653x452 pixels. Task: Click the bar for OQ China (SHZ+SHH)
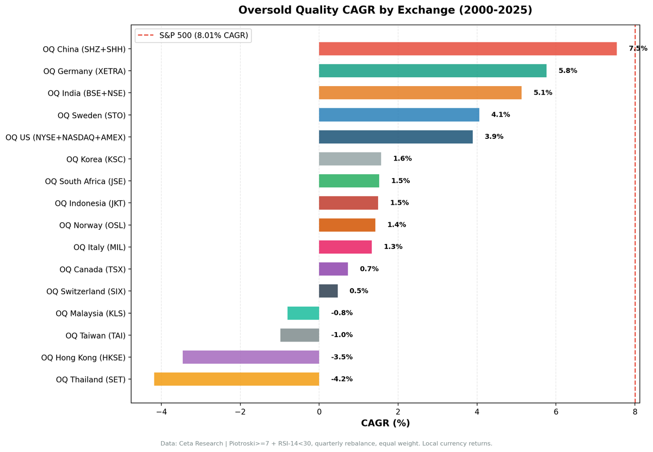tap(467, 49)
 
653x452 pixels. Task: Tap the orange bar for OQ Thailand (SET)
tap(237, 379)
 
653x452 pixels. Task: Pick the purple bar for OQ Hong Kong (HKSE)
tap(251, 357)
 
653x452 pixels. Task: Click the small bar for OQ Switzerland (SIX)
tap(328, 291)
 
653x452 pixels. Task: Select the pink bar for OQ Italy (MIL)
tap(346, 247)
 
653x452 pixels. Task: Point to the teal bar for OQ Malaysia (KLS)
tap(303, 313)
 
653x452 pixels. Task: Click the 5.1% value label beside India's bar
tap(543, 93)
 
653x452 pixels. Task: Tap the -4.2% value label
tap(342, 379)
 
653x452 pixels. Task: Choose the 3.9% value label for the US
tap(494, 137)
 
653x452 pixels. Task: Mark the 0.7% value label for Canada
tap(369, 269)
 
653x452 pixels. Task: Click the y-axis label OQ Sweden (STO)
tap(91, 115)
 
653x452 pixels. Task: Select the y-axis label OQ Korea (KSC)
tap(96, 159)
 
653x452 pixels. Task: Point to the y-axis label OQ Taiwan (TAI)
tap(95, 335)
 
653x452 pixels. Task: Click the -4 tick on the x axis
tap(161, 412)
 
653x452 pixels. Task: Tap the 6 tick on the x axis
tap(556, 412)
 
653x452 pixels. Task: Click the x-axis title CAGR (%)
tap(385, 423)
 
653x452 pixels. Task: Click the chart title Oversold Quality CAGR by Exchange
tap(385, 10)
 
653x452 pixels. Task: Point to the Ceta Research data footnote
tap(326, 443)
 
